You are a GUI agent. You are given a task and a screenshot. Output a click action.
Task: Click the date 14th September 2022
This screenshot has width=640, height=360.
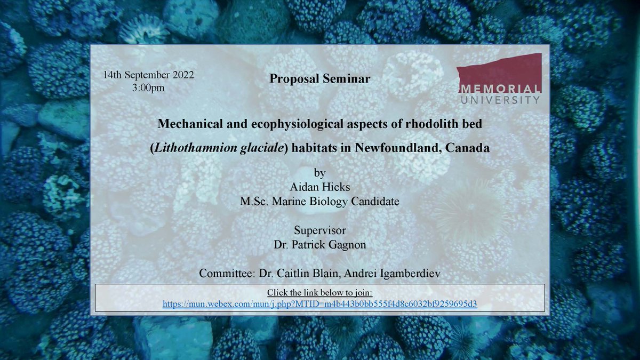tap(148, 75)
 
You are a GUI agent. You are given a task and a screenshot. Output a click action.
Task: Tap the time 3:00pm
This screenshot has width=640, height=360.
tap(148, 87)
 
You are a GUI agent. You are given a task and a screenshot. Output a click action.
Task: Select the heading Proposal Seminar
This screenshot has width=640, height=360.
tap(319, 78)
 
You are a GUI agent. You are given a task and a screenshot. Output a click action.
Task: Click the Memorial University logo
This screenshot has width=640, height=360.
tap(499, 78)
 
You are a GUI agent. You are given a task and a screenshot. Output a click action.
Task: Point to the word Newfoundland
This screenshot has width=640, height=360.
tap(391, 148)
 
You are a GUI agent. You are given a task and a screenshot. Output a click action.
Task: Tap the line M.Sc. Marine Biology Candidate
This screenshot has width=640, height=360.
tap(319, 202)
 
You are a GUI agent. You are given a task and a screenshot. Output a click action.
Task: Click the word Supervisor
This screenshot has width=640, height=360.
tap(319, 231)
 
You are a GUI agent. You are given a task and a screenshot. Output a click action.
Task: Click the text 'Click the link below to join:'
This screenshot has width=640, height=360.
tap(319, 293)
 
